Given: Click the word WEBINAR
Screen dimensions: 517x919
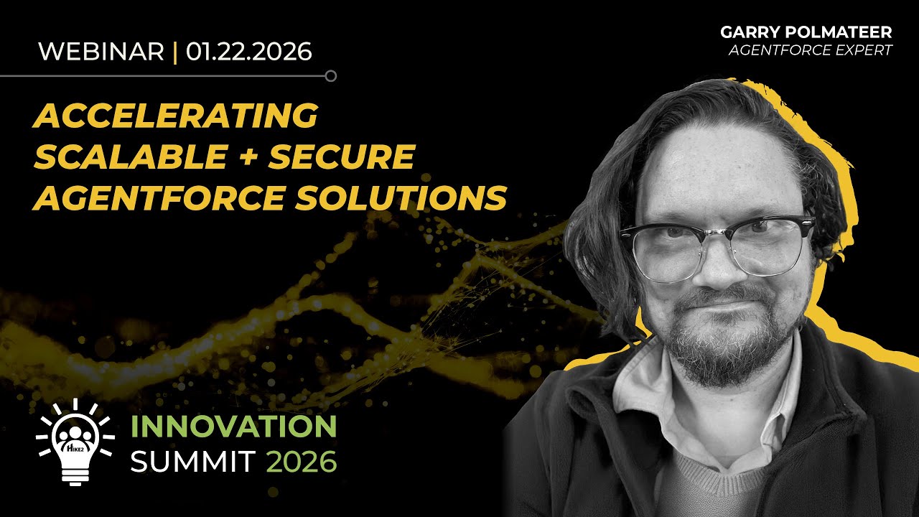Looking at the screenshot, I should [x=101, y=52].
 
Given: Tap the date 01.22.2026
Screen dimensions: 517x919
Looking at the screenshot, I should [x=248, y=52].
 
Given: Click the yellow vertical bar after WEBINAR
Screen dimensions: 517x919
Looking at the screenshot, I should [x=174, y=52].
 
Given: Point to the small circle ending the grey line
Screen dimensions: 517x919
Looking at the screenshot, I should [x=331, y=75].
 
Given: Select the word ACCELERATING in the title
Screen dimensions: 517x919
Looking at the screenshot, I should [x=175, y=116].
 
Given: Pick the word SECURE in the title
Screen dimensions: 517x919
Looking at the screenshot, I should [x=341, y=157].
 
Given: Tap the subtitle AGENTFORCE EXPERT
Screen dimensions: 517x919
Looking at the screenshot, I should [x=810, y=50].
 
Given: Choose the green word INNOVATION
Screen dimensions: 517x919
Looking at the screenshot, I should [x=233, y=427].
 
